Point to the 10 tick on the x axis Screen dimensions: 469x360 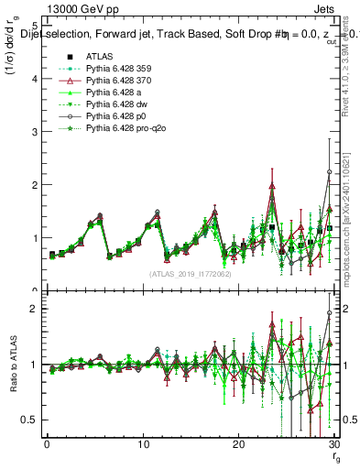pos(143,445)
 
